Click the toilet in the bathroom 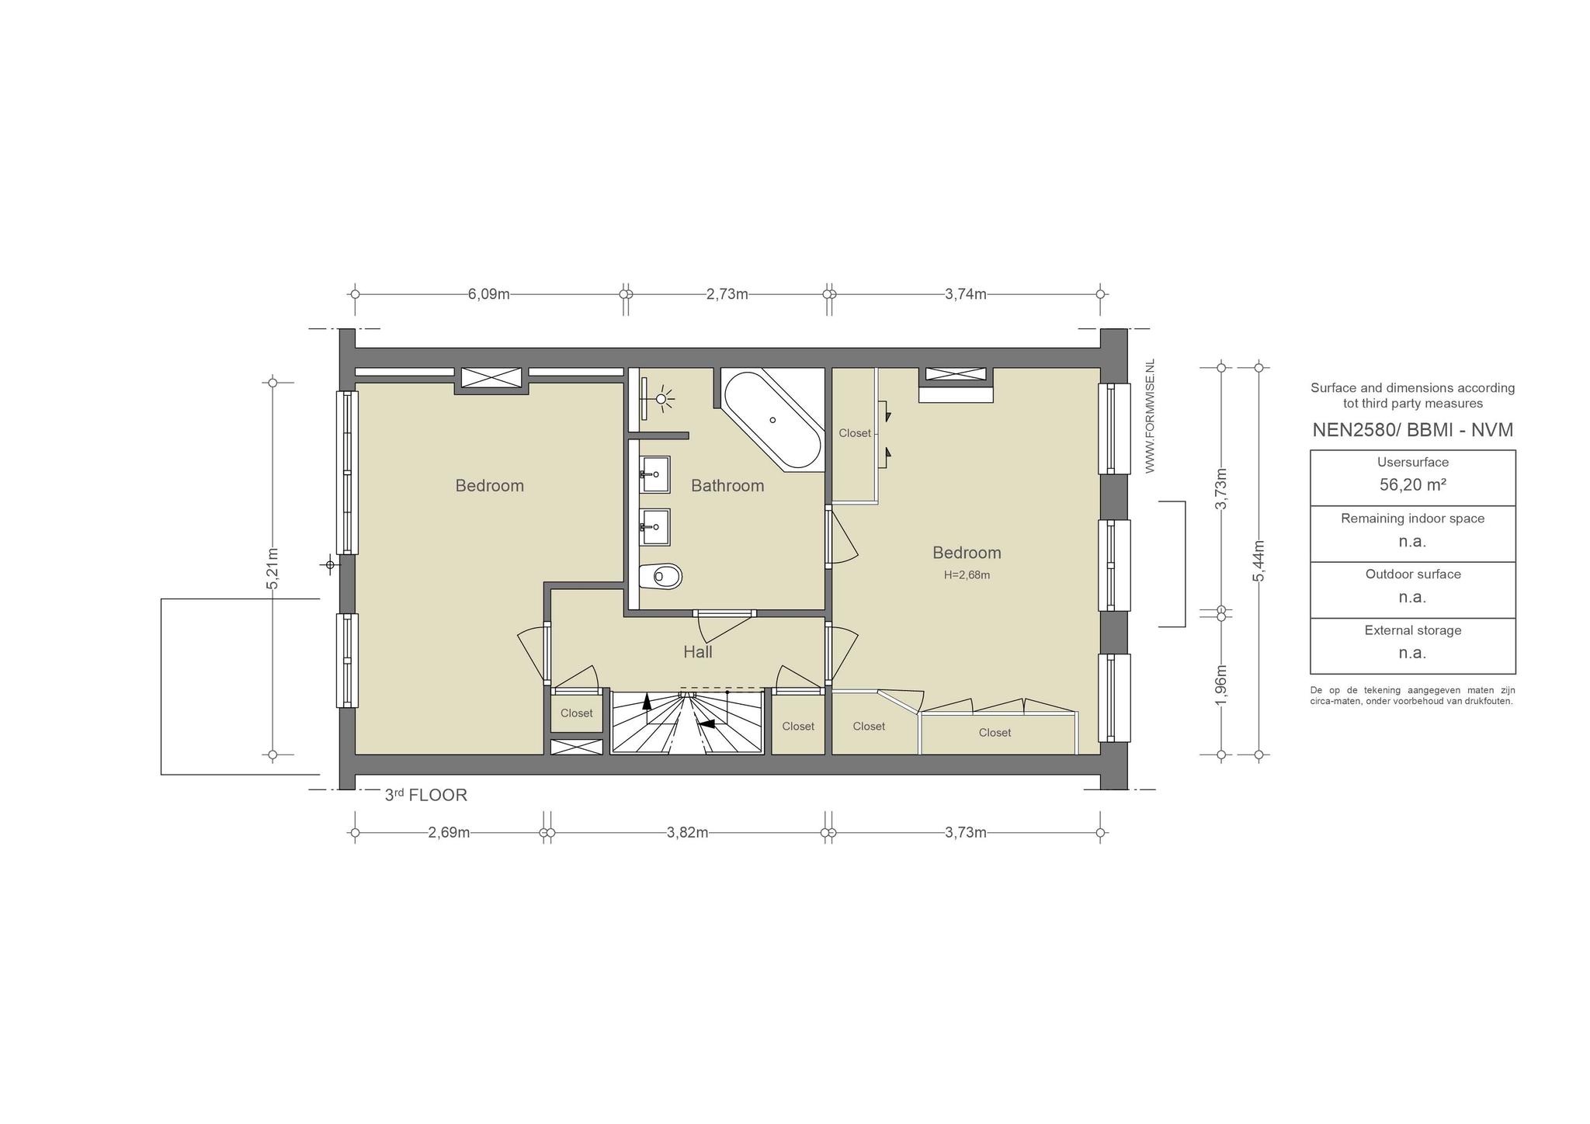[x=661, y=576]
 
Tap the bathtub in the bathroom [x=772, y=420]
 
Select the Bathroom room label [x=727, y=486]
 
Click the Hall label [x=698, y=652]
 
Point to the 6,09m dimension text [x=489, y=294]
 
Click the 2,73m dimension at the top [x=727, y=294]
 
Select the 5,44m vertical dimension [x=1258, y=560]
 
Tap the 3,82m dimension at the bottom [x=688, y=833]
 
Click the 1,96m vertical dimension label [x=1220, y=685]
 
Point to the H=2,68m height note [x=967, y=575]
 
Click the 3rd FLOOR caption [x=426, y=795]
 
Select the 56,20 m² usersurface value [x=1412, y=485]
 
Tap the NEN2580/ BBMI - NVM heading [x=1413, y=430]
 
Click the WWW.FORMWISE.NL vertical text [x=1151, y=416]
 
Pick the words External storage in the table [x=1413, y=630]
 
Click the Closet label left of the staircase [x=577, y=713]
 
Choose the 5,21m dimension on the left [x=273, y=568]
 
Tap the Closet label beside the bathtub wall [x=855, y=433]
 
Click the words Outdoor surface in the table [x=1413, y=574]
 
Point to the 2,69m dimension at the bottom [x=450, y=833]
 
